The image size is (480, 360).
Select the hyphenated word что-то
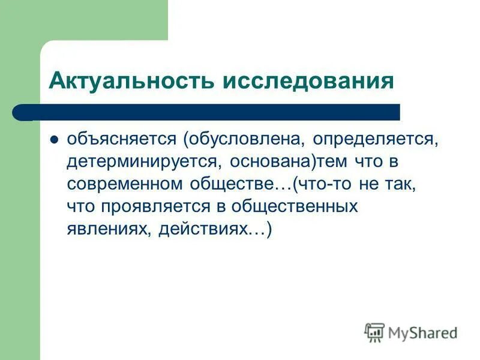click(325, 184)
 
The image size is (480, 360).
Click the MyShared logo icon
click(374, 332)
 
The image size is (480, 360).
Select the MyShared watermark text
click(422, 332)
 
